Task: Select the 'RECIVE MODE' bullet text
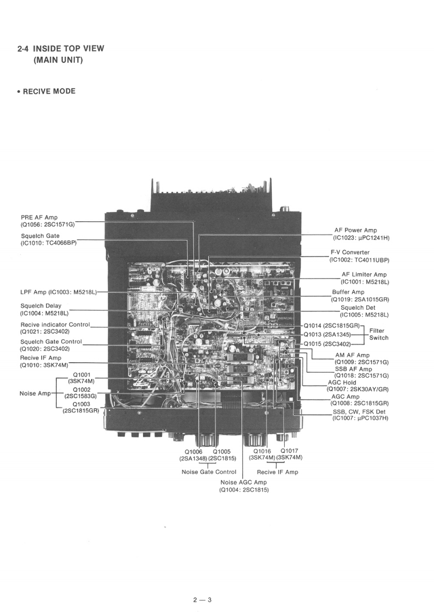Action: [49, 91]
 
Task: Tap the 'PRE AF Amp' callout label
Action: [39, 217]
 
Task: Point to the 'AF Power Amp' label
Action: [355, 231]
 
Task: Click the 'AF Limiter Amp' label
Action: [364, 274]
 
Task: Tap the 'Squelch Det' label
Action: [357, 308]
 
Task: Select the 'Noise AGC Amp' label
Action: [244, 482]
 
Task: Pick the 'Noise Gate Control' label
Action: [209, 472]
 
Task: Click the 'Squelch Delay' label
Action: [41, 306]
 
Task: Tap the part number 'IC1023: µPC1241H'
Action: [362, 238]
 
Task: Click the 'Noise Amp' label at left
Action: [35, 393]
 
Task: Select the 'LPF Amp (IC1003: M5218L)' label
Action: [58, 292]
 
